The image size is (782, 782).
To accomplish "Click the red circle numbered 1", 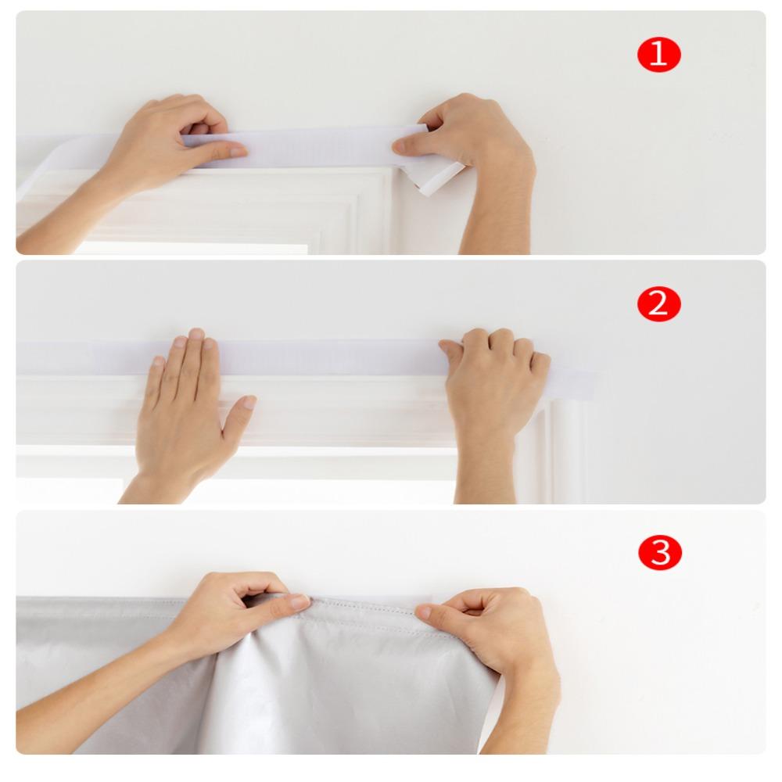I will pos(659,55).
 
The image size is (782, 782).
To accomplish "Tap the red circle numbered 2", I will pos(659,303).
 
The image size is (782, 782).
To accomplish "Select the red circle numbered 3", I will pos(659,552).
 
